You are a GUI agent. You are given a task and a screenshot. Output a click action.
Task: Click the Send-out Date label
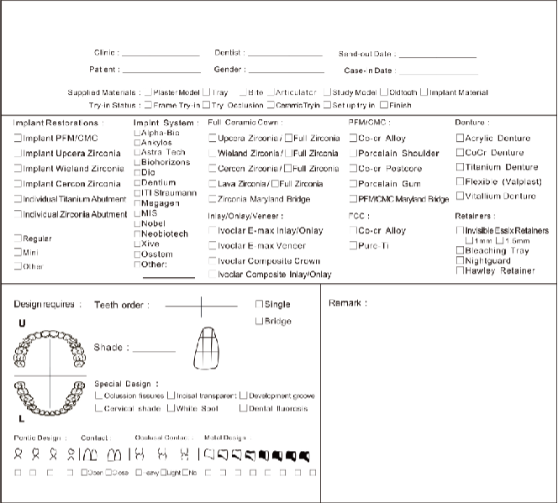click(x=366, y=54)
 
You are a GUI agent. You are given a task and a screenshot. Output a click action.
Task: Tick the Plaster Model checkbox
click(x=149, y=92)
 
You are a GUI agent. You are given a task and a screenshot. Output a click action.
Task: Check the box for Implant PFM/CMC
click(x=18, y=138)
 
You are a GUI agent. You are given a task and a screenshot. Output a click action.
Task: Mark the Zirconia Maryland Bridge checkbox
click(x=213, y=199)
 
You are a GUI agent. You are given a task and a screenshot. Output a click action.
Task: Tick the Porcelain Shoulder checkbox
click(x=353, y=154)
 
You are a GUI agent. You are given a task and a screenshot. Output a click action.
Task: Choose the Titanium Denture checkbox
click(x=460, y=167)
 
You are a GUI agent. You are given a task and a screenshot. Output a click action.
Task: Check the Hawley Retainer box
click(x=460, y=270)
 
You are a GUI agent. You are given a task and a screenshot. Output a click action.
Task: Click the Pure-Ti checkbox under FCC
click(x=353, y=245)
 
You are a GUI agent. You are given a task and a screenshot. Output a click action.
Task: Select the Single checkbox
click(x=259, y=304)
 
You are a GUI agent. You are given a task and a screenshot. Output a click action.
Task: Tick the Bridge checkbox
click(x=259, y=321)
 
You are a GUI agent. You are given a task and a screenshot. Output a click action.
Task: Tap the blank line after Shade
click(x=154, y=350)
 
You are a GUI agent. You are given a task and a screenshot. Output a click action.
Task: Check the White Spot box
click(x=170, y=408)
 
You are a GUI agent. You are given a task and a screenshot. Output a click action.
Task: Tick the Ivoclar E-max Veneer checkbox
click(x=213, y=245)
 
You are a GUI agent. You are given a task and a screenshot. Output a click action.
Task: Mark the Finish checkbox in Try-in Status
click(x=384, y=106)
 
